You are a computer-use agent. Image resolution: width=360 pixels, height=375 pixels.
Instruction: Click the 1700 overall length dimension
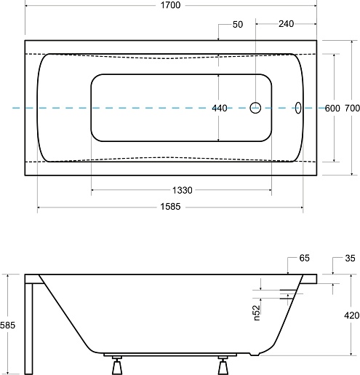(x=171, y=5)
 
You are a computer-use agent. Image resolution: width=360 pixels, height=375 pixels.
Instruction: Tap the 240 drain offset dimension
(x=286, y=24)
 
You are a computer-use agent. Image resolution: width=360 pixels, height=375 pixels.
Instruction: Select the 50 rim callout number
(x=238, y=25)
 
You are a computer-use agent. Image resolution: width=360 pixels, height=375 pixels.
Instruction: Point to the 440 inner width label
(x=220, y=108)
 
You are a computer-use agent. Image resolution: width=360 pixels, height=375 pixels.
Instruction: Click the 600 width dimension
(x=332, y=108)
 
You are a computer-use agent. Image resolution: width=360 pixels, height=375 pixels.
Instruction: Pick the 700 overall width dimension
(x=352, y=108)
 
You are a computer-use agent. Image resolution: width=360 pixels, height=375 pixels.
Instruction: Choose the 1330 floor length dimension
(x=183, y=190)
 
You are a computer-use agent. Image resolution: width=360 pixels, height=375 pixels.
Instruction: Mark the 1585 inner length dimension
(x=171, y=207)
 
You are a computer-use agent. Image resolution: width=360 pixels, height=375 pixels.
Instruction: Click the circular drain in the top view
(x=255, y=108)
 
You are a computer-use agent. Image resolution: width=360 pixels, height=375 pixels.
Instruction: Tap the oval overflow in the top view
(x=298, y=108)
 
